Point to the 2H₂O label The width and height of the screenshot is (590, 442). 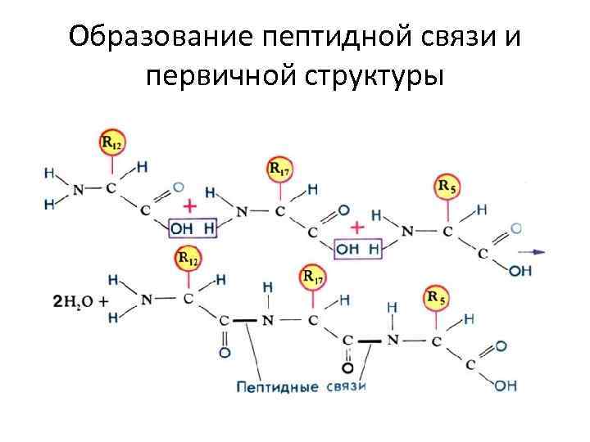point(75,300)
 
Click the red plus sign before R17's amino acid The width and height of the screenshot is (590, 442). point(190,205)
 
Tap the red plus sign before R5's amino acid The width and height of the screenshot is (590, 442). point(357,226)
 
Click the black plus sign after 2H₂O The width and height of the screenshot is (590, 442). point(103,300)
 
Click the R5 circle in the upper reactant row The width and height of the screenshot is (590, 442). point(447,187)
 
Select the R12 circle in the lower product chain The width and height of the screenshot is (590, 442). point(188,259)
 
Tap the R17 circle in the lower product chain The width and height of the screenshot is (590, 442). point(313,277)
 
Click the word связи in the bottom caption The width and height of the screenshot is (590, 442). point(345,386)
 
